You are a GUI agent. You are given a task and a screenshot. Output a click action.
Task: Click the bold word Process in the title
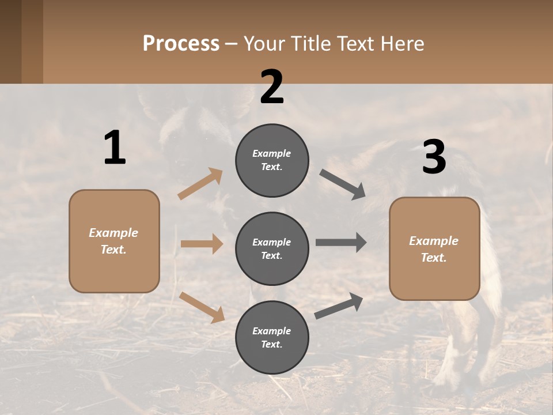coord(181,43)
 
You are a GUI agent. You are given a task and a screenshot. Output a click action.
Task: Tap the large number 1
coord(115,148)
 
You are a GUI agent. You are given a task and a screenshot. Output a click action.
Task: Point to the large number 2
coord(272,87)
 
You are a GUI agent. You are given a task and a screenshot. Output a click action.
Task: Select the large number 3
coord(434,157)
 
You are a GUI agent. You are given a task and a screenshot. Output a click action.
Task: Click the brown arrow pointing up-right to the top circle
coord(200,183)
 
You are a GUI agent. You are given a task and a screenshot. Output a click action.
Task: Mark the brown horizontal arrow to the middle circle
coord(202,244)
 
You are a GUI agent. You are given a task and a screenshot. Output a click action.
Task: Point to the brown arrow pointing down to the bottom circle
coord(202,307)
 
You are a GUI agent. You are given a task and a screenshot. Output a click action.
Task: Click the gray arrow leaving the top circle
coord(343,184)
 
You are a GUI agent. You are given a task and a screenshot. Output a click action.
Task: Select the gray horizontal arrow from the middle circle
coord(341,242)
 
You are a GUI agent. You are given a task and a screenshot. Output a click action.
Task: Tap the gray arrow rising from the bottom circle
coord(339,305)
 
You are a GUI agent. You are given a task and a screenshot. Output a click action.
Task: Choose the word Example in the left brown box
coord(113,233)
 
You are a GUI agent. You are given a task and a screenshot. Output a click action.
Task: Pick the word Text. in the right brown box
coord(434,258)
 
